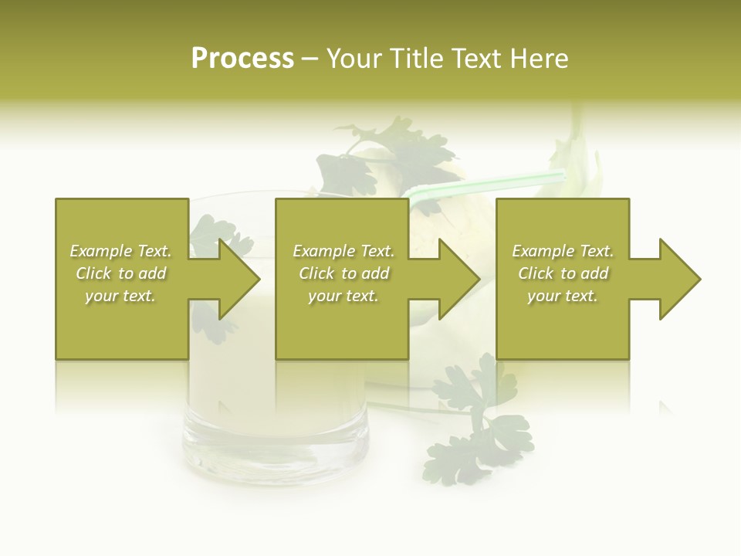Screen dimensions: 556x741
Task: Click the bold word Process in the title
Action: point(242,59)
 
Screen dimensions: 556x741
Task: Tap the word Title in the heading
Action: point(418,59)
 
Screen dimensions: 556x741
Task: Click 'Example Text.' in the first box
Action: point(120,251)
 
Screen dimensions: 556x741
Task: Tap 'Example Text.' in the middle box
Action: point(343,251)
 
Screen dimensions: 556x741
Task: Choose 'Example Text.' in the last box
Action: point(563,251)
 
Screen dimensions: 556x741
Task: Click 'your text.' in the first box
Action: point(120,296)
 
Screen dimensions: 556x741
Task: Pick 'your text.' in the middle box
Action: point(343,296)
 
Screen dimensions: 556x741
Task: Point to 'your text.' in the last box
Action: point(563,296)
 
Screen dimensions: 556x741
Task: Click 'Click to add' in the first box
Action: point(120,273)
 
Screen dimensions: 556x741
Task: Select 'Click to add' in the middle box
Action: point(343,273)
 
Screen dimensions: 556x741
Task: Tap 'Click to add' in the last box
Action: point(563,273)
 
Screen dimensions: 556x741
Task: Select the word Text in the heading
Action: point(477,59)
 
